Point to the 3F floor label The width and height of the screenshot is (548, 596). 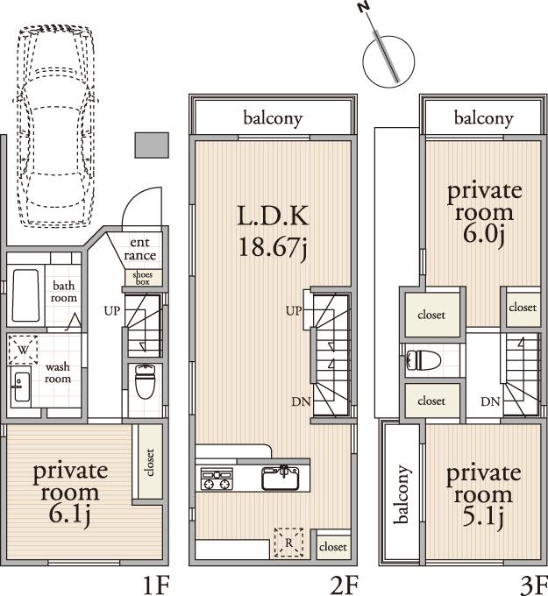click(531, 584)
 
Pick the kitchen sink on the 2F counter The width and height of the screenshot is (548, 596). click(281, 478)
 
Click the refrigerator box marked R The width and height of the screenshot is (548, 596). click(289, 542)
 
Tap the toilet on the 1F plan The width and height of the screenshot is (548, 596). click(145, 381)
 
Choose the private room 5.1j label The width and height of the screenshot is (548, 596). click(483, 495)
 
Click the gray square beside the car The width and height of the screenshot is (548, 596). click(151, 145)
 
